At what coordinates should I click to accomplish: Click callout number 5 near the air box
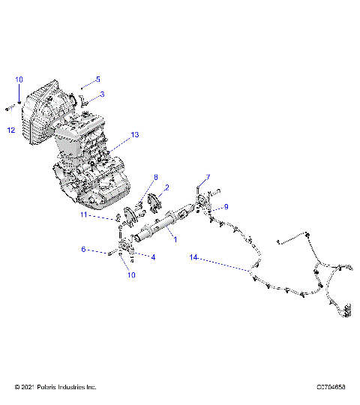tap(97, 79)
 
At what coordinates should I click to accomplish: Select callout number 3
tap(103, 94)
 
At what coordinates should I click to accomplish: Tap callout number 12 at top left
tap(11, 130)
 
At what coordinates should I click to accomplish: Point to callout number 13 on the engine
tap(135, 135)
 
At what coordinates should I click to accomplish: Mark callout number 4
tap(154, 257)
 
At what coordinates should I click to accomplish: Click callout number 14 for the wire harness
tap(193, 257)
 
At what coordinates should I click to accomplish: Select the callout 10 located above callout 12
tap(19, 79)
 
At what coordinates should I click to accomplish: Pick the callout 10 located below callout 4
tap(131, 275)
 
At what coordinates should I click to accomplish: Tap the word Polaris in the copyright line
tap(49, 387)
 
